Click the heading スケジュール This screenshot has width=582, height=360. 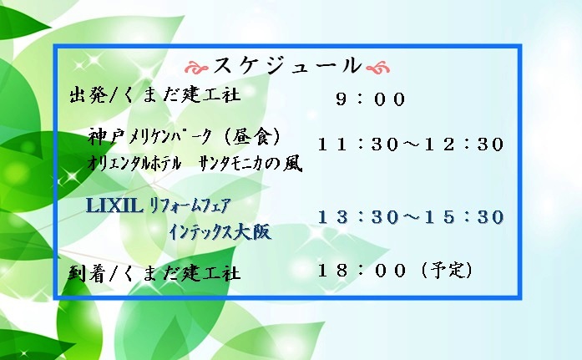click(287, 66)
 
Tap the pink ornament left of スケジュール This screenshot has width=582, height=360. click(197, 68)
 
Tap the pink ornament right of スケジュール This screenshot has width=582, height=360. click(378, 68)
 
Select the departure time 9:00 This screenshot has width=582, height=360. click(371, 99)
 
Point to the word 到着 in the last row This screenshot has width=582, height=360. click(88, 273)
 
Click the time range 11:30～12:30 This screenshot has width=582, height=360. click(411, 144)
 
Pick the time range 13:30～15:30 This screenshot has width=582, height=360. click(411, 217)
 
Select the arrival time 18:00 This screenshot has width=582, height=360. click(362, 270)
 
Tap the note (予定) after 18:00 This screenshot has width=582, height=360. click(448, 270)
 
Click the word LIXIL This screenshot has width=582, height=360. click(114, 205)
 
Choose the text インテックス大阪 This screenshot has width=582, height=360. click(220, 233)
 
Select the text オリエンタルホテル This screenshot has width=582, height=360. click(134, 163)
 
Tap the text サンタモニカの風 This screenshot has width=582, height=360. click(251, 164)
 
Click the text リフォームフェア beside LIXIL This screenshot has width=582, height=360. click(190, 205)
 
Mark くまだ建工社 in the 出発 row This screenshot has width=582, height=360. click(181, 95)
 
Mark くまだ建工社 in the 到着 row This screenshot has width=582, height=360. click(181, 274)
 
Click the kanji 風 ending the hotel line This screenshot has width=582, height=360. click(293, 164)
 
